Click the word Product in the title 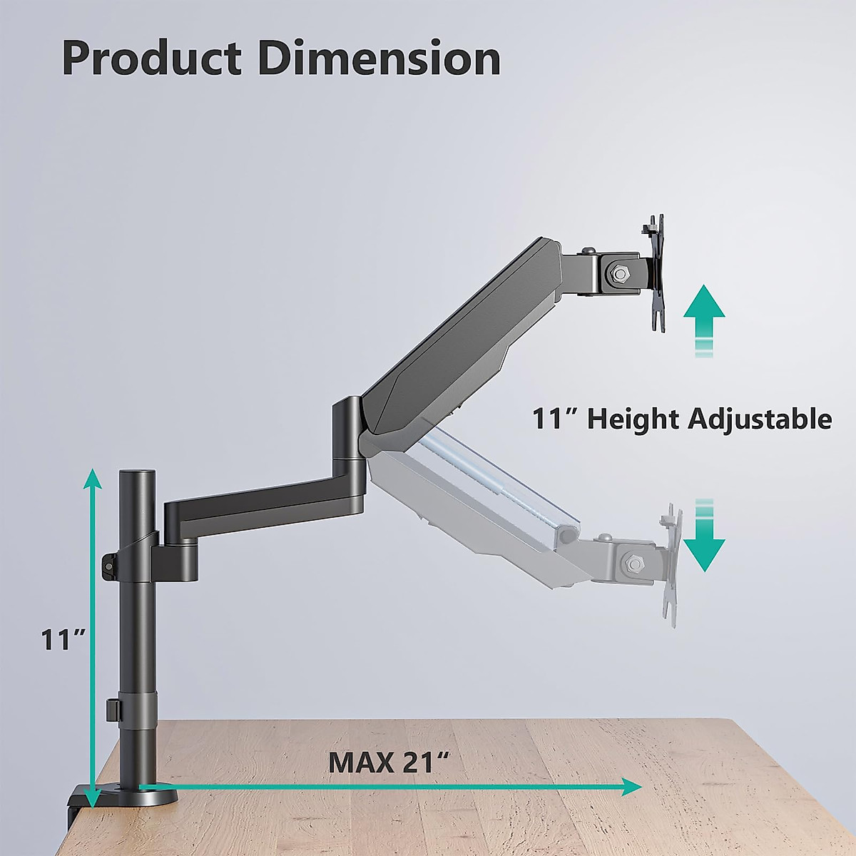coord(152,58)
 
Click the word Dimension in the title coord(379,58)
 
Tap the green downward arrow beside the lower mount coord(704,539)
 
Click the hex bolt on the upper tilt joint coord(618,272)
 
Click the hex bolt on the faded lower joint coord(631,563)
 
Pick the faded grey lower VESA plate coord(671,564)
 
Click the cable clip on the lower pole coord(112,709)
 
